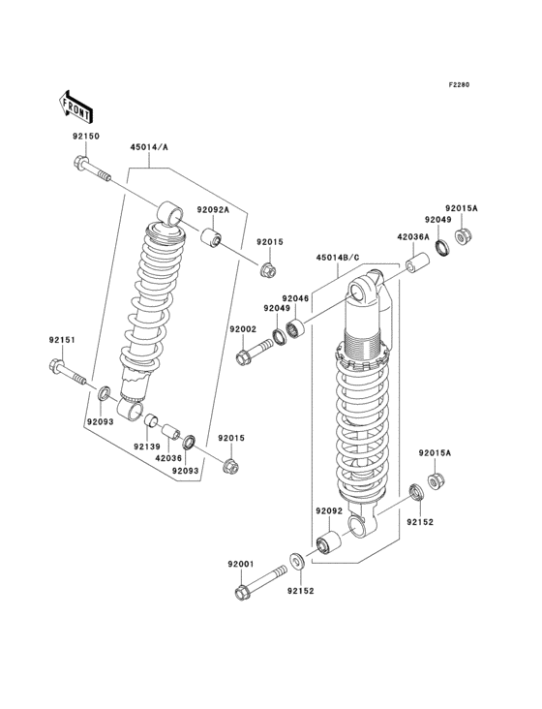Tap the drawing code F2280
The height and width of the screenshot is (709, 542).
coord(458,85)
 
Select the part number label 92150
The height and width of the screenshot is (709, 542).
coord(85,137)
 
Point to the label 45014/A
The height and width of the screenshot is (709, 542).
coord(149,148)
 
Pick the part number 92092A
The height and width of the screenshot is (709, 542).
coord(213,209)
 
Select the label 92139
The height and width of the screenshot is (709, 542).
coord(147,447)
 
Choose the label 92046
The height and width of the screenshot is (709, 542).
coord(295,298)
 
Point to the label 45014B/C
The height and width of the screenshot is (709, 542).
coord(337,257)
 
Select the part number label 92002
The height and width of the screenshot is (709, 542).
coord(243,329)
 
